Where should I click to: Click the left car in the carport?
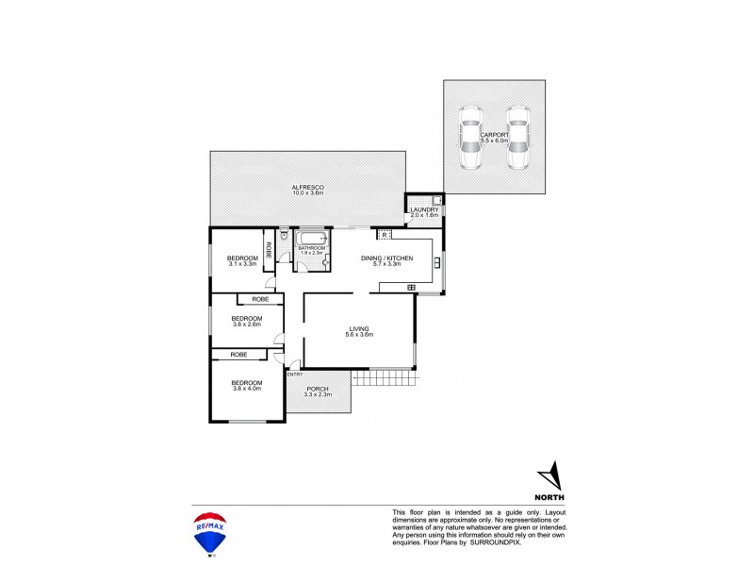click(471, 140)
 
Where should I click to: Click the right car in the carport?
click(516, 140)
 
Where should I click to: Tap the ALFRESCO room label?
click(308, 189)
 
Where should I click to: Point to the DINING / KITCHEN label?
click(386, 258)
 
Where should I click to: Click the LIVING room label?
click(359, 329)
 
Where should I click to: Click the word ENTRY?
click(294, 375)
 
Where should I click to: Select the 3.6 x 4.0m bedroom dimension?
click(247, 389)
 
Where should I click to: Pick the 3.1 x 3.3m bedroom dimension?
click(243, 264)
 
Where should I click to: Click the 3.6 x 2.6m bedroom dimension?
click(247, 323)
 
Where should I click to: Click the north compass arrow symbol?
click(552, 473)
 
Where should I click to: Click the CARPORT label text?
click(494, 136)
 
